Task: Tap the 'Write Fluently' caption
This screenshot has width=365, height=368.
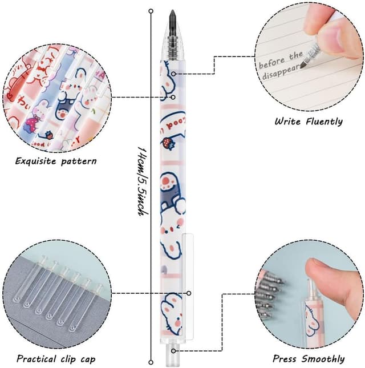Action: (308, 121)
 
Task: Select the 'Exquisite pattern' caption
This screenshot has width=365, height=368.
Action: (56, 161)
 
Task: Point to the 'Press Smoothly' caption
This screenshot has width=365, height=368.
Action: (309, 359)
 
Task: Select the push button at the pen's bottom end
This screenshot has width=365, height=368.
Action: (172, 358)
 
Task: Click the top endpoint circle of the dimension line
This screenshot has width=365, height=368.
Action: (151, 11)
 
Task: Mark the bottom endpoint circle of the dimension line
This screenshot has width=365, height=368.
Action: (151, 362)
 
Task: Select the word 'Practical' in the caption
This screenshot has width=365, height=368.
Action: (38, 359)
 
